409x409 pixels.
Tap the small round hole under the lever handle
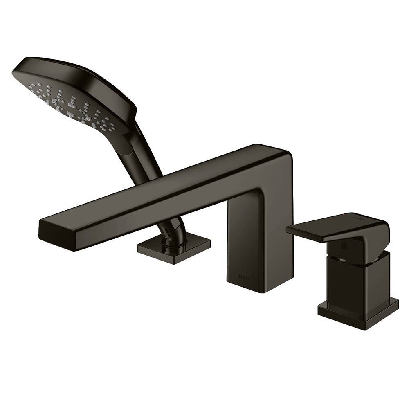342,246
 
